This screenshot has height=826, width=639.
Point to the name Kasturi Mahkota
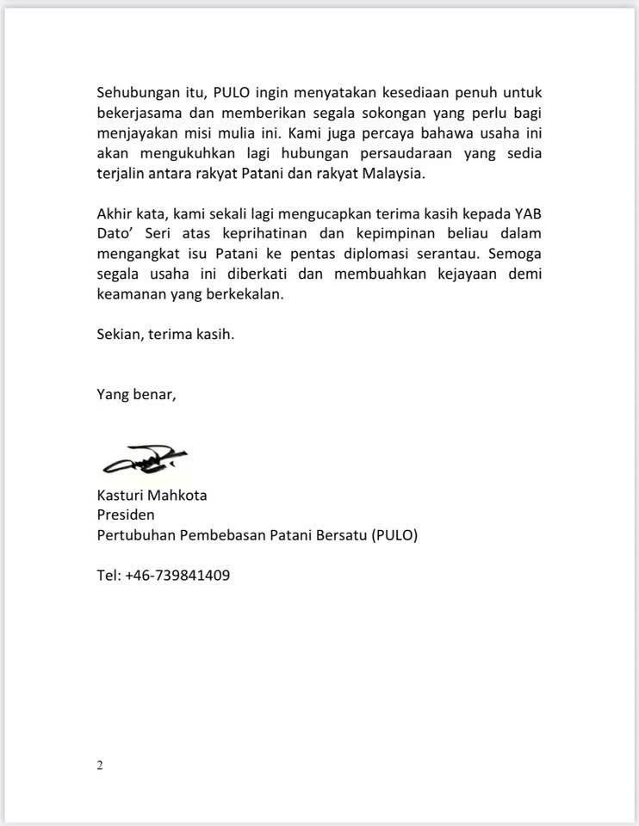pos(152,496)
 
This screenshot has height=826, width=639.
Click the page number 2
pos(100,766)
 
